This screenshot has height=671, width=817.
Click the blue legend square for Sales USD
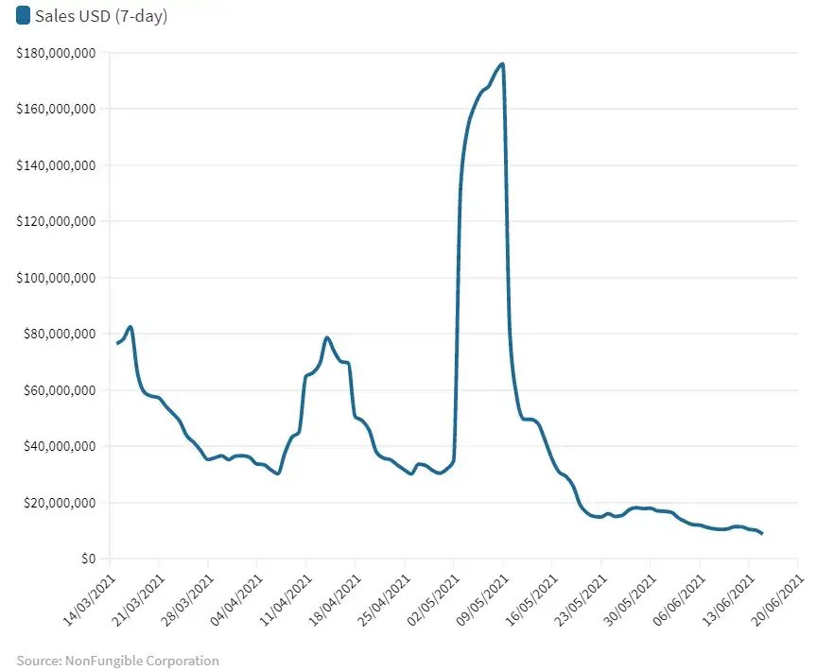click(24, 16)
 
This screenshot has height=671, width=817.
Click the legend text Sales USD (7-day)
click(101, 16)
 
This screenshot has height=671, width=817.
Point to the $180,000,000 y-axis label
click(56, 53)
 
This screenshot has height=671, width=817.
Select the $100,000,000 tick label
click(56, 278)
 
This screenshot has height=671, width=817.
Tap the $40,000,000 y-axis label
click(60, 446)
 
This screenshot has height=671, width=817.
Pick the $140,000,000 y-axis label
click(56, 165)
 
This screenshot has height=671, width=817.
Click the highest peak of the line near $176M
click(502, 64)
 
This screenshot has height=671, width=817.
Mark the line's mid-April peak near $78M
click(326, 337)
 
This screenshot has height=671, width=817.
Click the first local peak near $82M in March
click(130, 327)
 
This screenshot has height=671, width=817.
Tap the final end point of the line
click(761, 534)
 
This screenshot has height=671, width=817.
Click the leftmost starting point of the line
click(117, 343)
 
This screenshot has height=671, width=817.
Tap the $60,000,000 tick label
click(60, 390)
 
